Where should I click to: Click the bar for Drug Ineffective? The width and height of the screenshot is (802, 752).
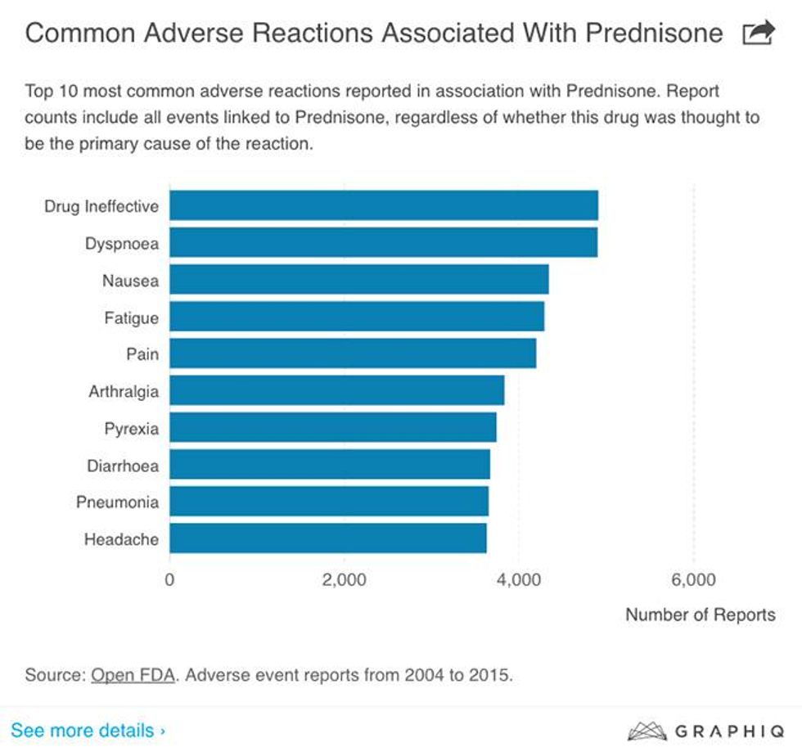tap(383, 205)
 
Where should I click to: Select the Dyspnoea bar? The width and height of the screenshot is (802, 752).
tap(383, 243)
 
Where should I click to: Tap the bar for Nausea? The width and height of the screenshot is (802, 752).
tap(358, 280)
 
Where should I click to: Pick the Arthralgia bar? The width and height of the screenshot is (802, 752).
tap(336, 390)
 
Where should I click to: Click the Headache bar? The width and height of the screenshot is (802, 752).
tap(327, 538)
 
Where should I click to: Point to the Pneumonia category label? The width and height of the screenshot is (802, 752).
tap(117, 502)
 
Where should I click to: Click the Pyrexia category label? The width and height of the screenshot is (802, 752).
tap(131, 428)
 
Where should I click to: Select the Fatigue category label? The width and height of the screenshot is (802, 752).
tap(131, 317)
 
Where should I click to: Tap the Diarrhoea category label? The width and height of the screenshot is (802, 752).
tap(123, 466)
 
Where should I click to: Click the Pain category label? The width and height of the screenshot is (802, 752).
tap(142, 354)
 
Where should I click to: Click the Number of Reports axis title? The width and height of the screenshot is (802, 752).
tap(700, 615)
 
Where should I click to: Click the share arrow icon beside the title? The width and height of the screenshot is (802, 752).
tap(757, 33)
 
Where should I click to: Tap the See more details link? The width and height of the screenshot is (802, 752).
tap(88, 730)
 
